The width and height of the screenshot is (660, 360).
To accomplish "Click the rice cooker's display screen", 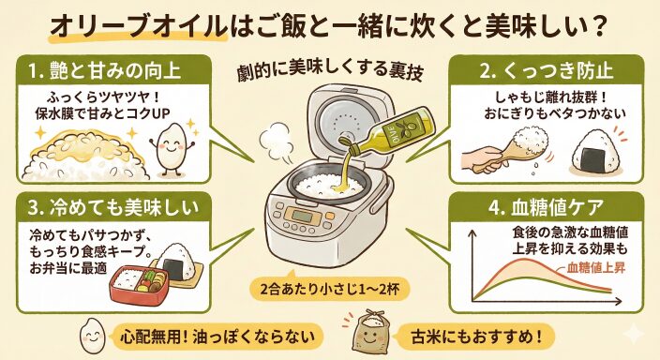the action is coord(302,217).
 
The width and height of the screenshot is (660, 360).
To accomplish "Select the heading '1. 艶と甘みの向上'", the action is coord(104,70).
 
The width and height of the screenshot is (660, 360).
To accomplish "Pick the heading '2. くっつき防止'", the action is coord(547,70).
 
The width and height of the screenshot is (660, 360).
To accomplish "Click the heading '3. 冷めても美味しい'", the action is coord(113,207).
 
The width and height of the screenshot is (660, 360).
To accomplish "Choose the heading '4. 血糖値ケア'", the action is coord(546,207).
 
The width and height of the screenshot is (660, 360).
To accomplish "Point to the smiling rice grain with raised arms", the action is coord(173,147).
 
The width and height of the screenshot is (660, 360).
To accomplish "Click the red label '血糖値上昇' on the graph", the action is coord(595,267).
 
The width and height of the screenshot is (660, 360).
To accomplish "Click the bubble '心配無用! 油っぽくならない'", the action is coord(217,337).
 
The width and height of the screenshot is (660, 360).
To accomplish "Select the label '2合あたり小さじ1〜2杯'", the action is coord(329,290).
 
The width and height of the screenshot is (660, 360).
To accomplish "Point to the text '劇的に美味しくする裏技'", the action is coord(329,70).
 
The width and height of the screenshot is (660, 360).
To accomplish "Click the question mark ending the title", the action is coord(597,27).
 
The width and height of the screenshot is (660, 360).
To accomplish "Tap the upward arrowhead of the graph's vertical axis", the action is coord(472,233).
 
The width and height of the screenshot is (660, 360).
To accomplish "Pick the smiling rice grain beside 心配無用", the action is coord(92,336).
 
